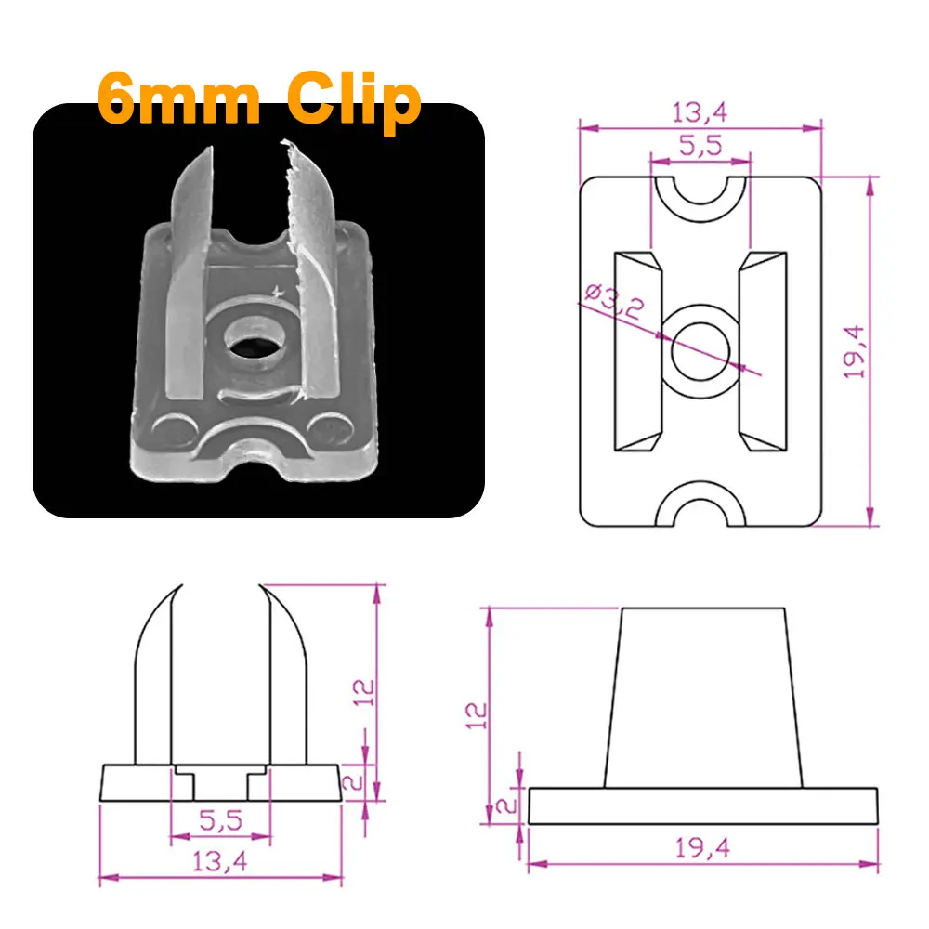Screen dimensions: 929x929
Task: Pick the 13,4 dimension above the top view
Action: (700, 112)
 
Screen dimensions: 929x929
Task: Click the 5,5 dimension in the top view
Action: (700, 145)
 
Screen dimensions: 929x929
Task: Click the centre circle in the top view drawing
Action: (701, 352)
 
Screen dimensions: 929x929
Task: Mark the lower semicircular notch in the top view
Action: (701, 509)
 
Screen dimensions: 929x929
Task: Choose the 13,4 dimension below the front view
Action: (220, 861)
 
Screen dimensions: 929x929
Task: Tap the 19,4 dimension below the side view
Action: (702, 847)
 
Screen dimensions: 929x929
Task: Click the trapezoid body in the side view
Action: (702, 697)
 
